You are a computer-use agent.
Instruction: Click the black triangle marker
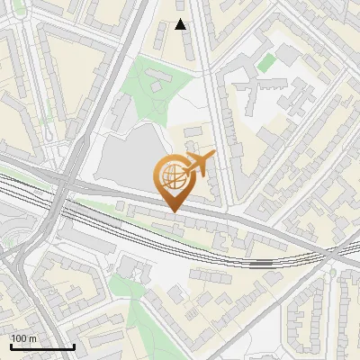tap(181, 24)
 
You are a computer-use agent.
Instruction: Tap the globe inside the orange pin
tap(171, 177)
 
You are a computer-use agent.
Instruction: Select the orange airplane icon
tap(199, 165)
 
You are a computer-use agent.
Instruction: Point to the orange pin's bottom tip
tap(172, 211)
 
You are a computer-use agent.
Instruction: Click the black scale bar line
tap(41, 346)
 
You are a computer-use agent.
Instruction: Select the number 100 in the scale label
tap(19, 338)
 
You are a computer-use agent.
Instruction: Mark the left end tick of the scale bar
tap(10, 345)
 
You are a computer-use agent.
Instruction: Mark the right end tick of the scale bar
tap(74, 345)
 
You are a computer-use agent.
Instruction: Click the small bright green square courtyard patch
tap(265, 63)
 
